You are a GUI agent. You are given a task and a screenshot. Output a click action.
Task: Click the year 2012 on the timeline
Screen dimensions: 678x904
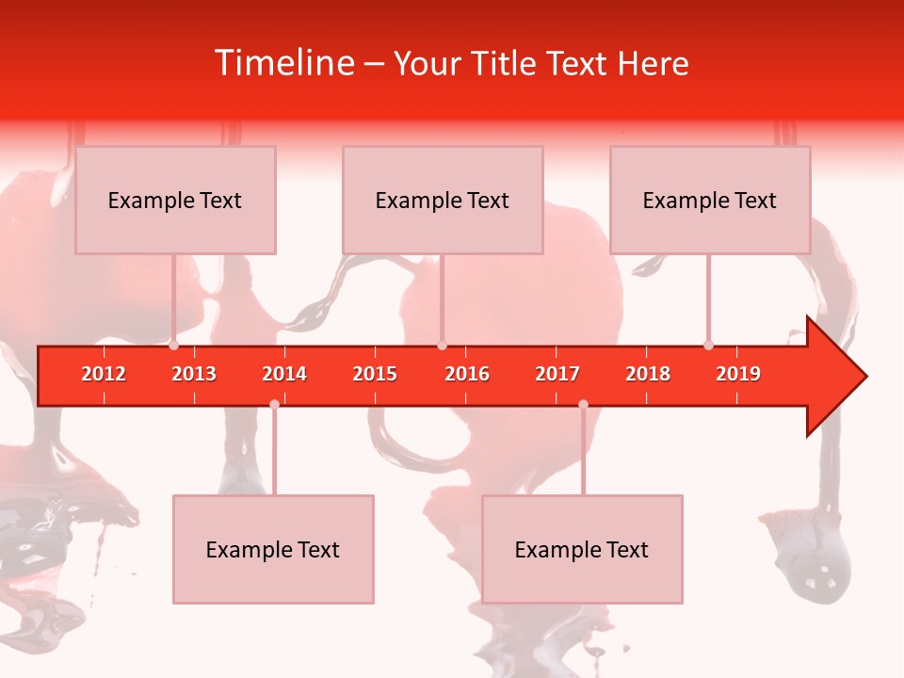(x=104, y=374)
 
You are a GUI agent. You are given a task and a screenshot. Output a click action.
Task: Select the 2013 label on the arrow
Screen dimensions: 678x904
(x=194, y=374)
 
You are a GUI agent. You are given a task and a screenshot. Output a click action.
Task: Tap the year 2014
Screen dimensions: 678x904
(x=284, y=374)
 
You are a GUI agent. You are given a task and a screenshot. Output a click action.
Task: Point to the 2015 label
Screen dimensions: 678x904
(x=375, y=374)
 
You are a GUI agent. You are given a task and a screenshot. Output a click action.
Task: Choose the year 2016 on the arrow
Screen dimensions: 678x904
(x=467, y=374)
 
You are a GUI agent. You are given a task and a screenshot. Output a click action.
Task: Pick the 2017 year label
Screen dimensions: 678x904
(x=557, y=374)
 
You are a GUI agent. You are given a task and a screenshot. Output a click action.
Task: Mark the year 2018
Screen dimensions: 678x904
(x=648, y=374)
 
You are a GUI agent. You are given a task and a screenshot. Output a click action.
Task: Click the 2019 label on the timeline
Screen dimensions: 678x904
(x=738, y=374)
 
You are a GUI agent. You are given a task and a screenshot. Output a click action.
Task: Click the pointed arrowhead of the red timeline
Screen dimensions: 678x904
(x=843, y=377)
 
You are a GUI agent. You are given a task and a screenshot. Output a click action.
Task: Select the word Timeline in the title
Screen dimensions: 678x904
(x=282, y=63)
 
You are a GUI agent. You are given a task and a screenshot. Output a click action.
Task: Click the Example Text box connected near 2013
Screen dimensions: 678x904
(x=175, y=200)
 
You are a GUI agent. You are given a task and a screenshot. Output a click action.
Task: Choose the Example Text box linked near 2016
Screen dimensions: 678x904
(x=443, y=200)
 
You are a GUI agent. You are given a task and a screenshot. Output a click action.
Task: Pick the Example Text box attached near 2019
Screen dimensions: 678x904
(x=710, y=200)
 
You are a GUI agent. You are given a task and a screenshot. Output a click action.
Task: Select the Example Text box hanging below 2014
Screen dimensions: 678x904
(x=273, y=549)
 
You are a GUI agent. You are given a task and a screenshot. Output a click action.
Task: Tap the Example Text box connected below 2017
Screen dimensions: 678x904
(x=582, y=549)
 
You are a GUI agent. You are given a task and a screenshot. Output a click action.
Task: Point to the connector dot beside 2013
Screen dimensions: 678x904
(x=173, y=346)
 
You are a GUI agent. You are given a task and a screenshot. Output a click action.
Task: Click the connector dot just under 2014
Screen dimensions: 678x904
(x=274, y=404)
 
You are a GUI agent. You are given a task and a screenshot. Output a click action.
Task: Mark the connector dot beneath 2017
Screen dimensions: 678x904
(x=583, y=404)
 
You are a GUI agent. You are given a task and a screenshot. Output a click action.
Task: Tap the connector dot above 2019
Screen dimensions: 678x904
(x=708, y=346)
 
